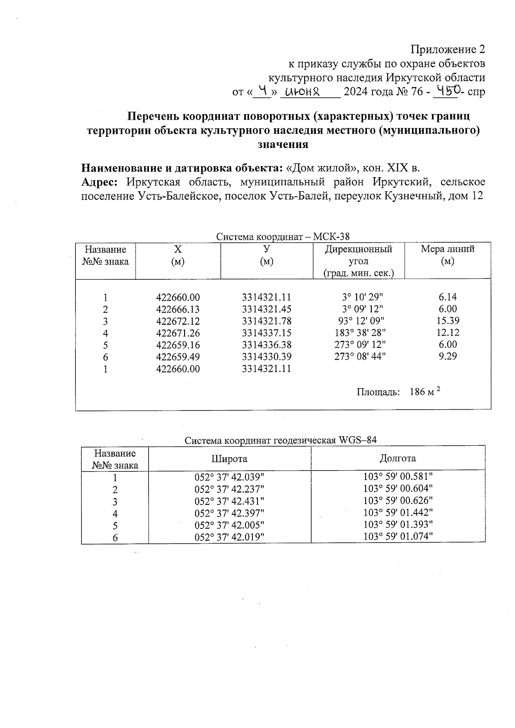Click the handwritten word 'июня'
coord(304,91)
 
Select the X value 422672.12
coord(178,321)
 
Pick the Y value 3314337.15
coord(267,333)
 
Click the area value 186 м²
coord(425,392)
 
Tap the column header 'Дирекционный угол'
coord(358,255)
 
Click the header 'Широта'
coord(229,459)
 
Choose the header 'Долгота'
coord(397,458)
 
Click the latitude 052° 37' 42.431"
coord(229,501)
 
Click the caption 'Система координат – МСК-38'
coord(283,236)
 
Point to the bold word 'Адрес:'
coord(100,182)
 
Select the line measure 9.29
coord(448,356)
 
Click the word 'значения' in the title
coord(283,145)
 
